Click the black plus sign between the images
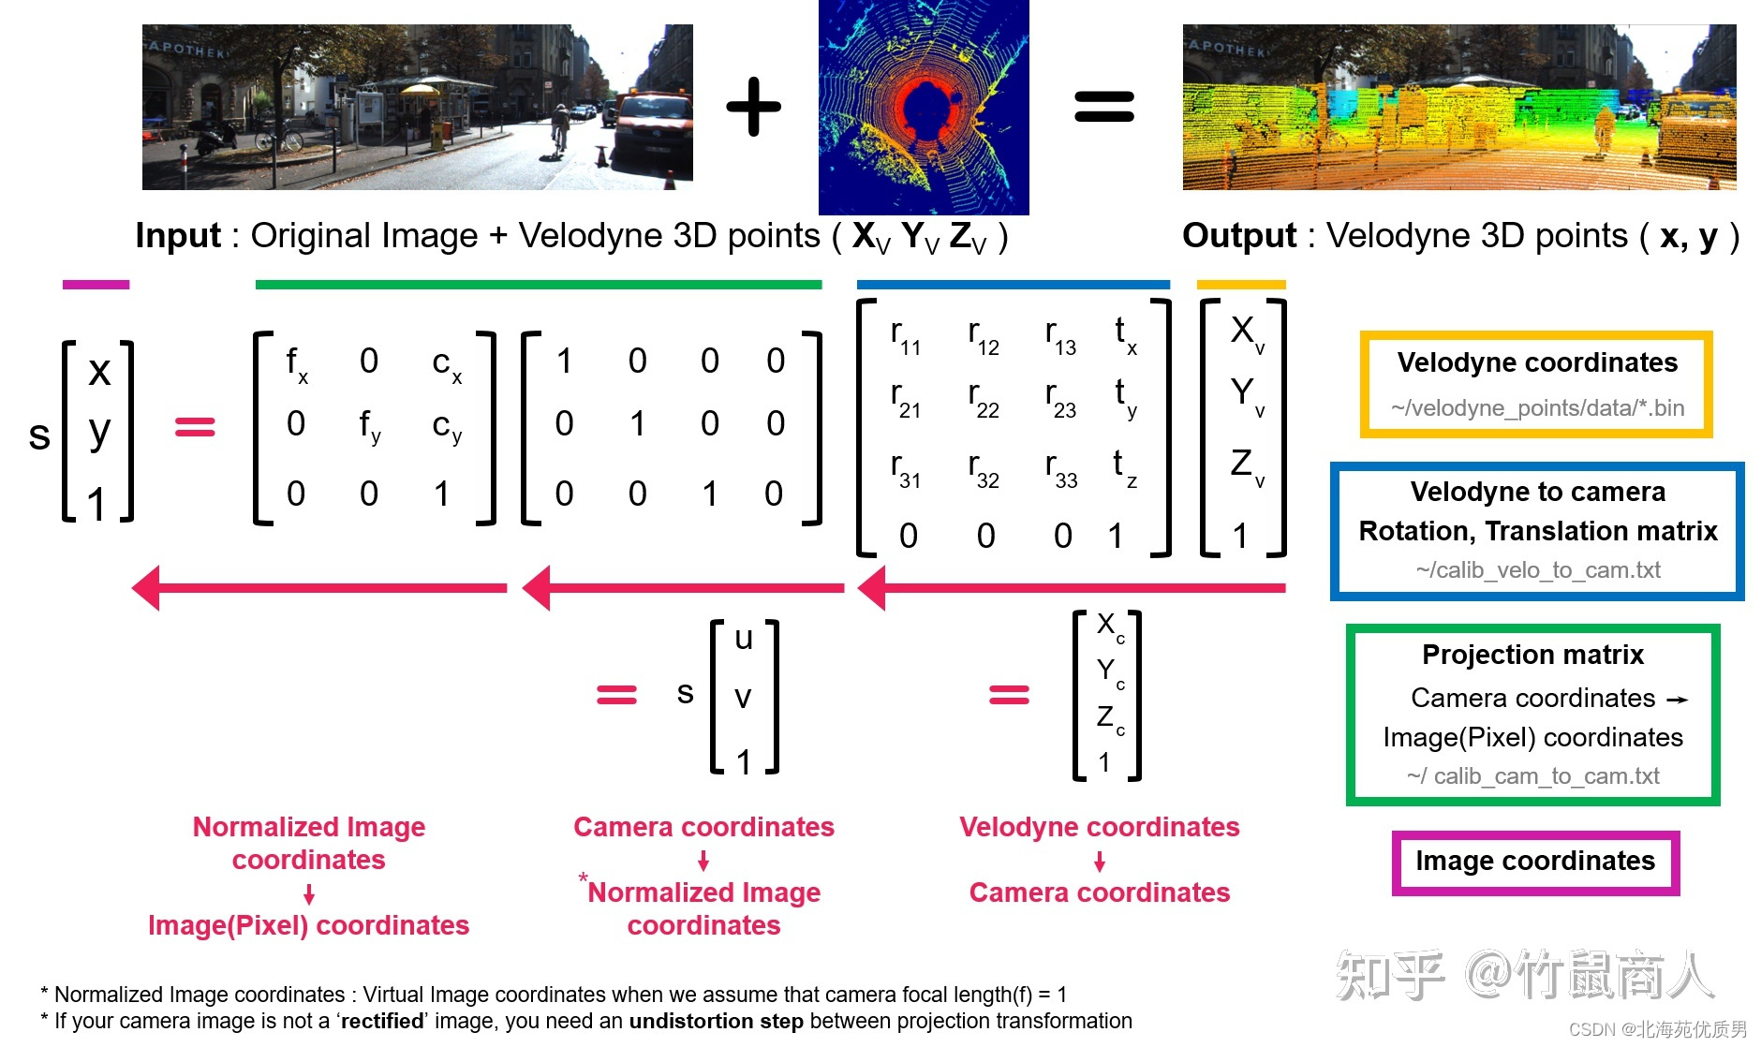click(753, 107)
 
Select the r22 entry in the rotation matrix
click(983, 397)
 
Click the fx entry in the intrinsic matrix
click(296, 363)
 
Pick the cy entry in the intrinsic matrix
click(447, 426)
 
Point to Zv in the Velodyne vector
click(1246, 465)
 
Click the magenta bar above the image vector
click(96, 285)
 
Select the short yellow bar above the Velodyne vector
click(1240, 285)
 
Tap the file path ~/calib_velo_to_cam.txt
click(1537, 569)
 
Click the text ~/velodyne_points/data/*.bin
click(1537, 408)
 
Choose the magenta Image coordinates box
click(1535, 862)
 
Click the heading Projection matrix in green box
click(1532, 655)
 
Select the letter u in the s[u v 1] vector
click(744, 639)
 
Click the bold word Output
click(1238, 236)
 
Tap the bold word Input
click(178, 236)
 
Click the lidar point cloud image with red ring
click(924, 108)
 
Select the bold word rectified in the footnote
click(381, 1021)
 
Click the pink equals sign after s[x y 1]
click(195, 427)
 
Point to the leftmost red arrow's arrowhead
click(147, 588)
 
